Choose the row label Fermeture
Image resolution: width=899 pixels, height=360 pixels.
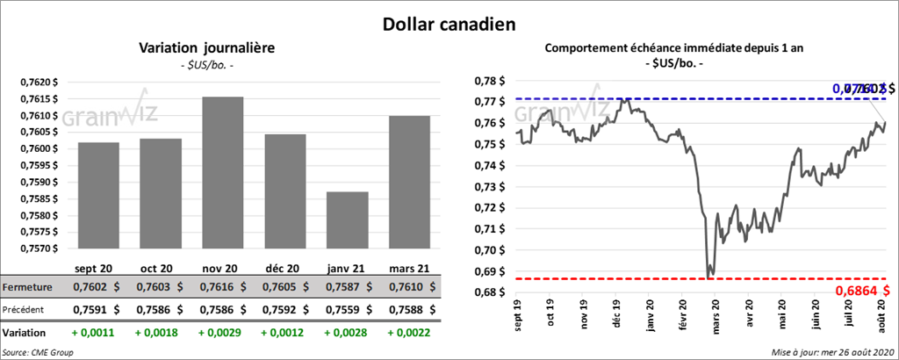click(x=27, y=287)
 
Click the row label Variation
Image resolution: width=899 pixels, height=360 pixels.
click(x=25, y=333)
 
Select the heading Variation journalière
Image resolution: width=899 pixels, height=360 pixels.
click(x=207, y=48)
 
